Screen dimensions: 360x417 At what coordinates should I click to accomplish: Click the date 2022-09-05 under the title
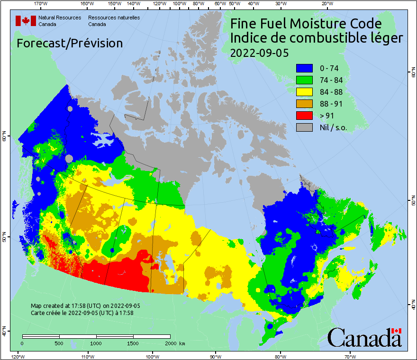coord(259,53)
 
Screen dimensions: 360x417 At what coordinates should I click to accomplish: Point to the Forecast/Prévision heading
coord(70,43)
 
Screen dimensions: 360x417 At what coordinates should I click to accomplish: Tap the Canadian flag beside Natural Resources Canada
coord(26,20)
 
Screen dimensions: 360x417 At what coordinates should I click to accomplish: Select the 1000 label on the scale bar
coord(96,343)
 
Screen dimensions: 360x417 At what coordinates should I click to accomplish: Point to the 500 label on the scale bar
coord(59,343)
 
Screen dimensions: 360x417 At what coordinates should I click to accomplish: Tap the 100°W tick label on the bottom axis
coord(153,356)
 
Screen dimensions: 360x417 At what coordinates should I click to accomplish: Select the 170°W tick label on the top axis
coord(41,4)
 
